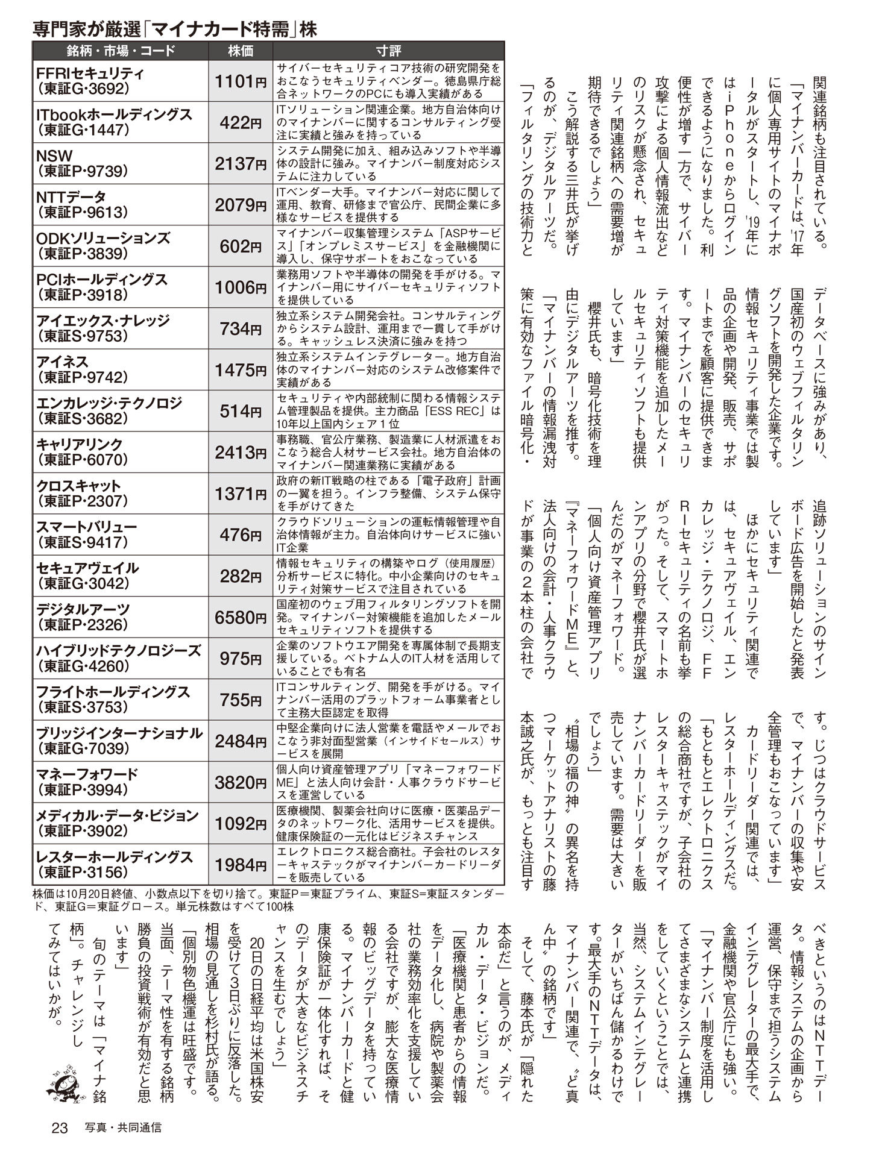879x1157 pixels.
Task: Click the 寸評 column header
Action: [388, 51]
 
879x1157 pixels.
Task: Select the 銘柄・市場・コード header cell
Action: [121, 51]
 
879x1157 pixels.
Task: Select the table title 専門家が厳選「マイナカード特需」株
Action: [175, 29]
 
